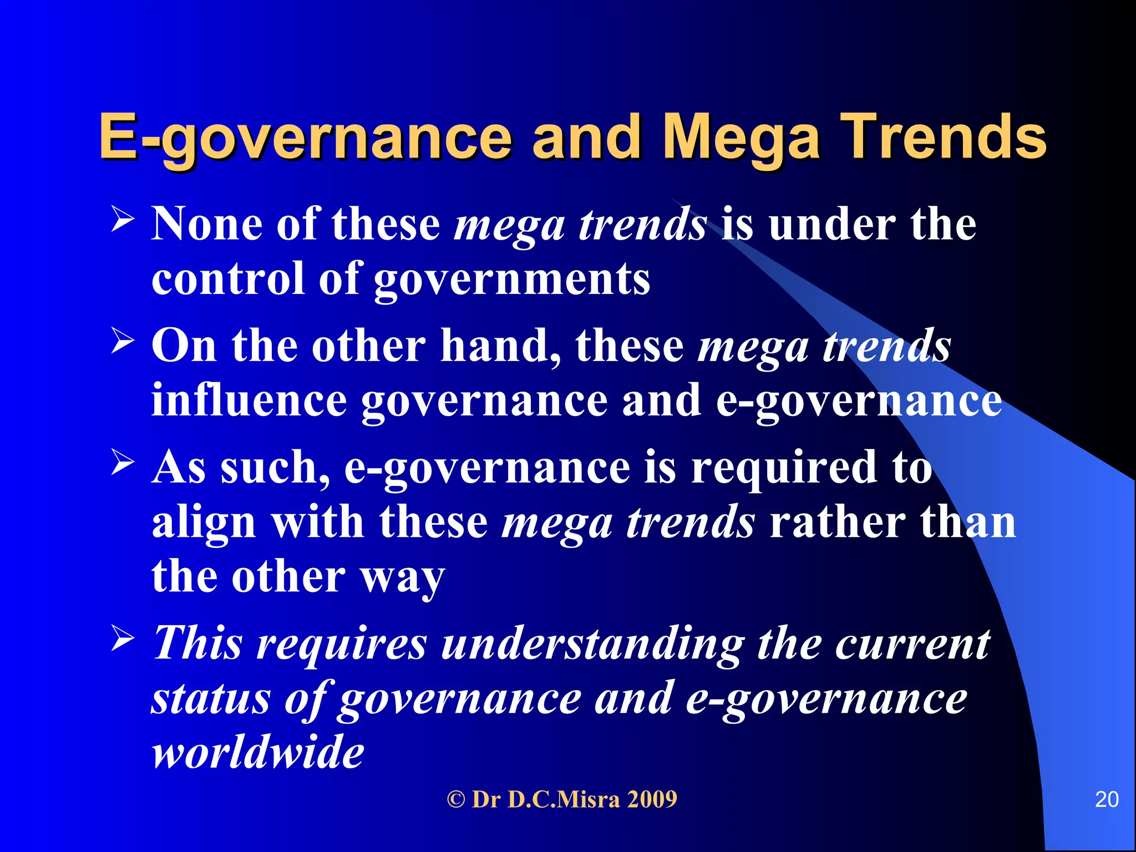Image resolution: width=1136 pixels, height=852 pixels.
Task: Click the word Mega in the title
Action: tap(741, 138)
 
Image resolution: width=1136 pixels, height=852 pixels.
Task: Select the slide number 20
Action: tap(1107, 799)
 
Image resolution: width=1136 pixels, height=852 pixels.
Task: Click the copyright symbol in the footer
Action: tap(455, 800)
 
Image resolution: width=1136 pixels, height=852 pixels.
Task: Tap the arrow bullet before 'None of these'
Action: tap(123, 219)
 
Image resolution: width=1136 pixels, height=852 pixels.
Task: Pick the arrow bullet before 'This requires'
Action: tap(123, 638)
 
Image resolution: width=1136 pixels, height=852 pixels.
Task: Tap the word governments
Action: tap(511, 279)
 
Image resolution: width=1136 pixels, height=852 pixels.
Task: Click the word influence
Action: tap(249, 400)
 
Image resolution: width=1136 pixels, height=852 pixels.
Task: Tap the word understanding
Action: tap(592, 644)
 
